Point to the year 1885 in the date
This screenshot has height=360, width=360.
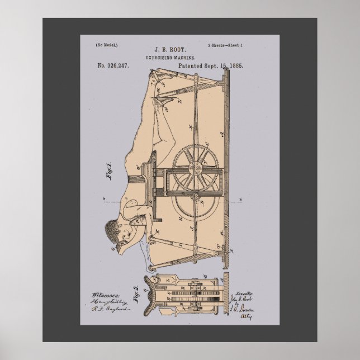tap(235, 66)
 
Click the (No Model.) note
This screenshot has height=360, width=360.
tap(106, 44)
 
